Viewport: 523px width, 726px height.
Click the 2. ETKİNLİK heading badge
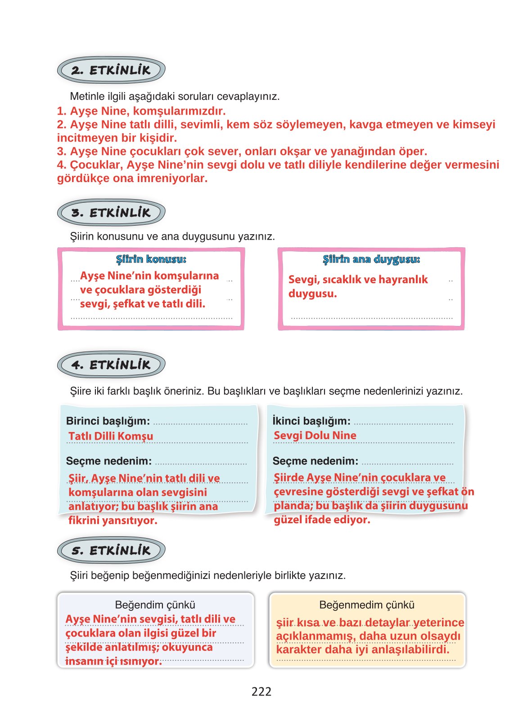coord(111,70)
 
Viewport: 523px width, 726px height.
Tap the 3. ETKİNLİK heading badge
coord(111,213)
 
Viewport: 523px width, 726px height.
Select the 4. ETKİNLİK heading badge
coord(111,365)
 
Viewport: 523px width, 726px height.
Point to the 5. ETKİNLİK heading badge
coord(111,550)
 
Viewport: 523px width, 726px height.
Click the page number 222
coord(261,691)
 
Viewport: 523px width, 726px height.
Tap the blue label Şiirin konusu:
coord(151,259)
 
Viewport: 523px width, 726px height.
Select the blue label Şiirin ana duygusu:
coord(371,259)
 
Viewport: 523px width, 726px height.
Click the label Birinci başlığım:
coord(108,421)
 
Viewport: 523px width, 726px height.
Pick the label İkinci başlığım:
coord(311,421)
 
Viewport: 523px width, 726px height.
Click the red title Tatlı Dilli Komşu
coord(111,436)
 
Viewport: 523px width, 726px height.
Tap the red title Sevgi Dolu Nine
coord(315,435)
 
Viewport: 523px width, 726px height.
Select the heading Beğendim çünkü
coord(155,605)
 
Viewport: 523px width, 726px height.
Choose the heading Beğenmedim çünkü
coord(366,605)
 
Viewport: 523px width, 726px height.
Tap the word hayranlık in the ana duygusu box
coord(403,280)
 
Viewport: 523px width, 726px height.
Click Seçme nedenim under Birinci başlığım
coord(108,461)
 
